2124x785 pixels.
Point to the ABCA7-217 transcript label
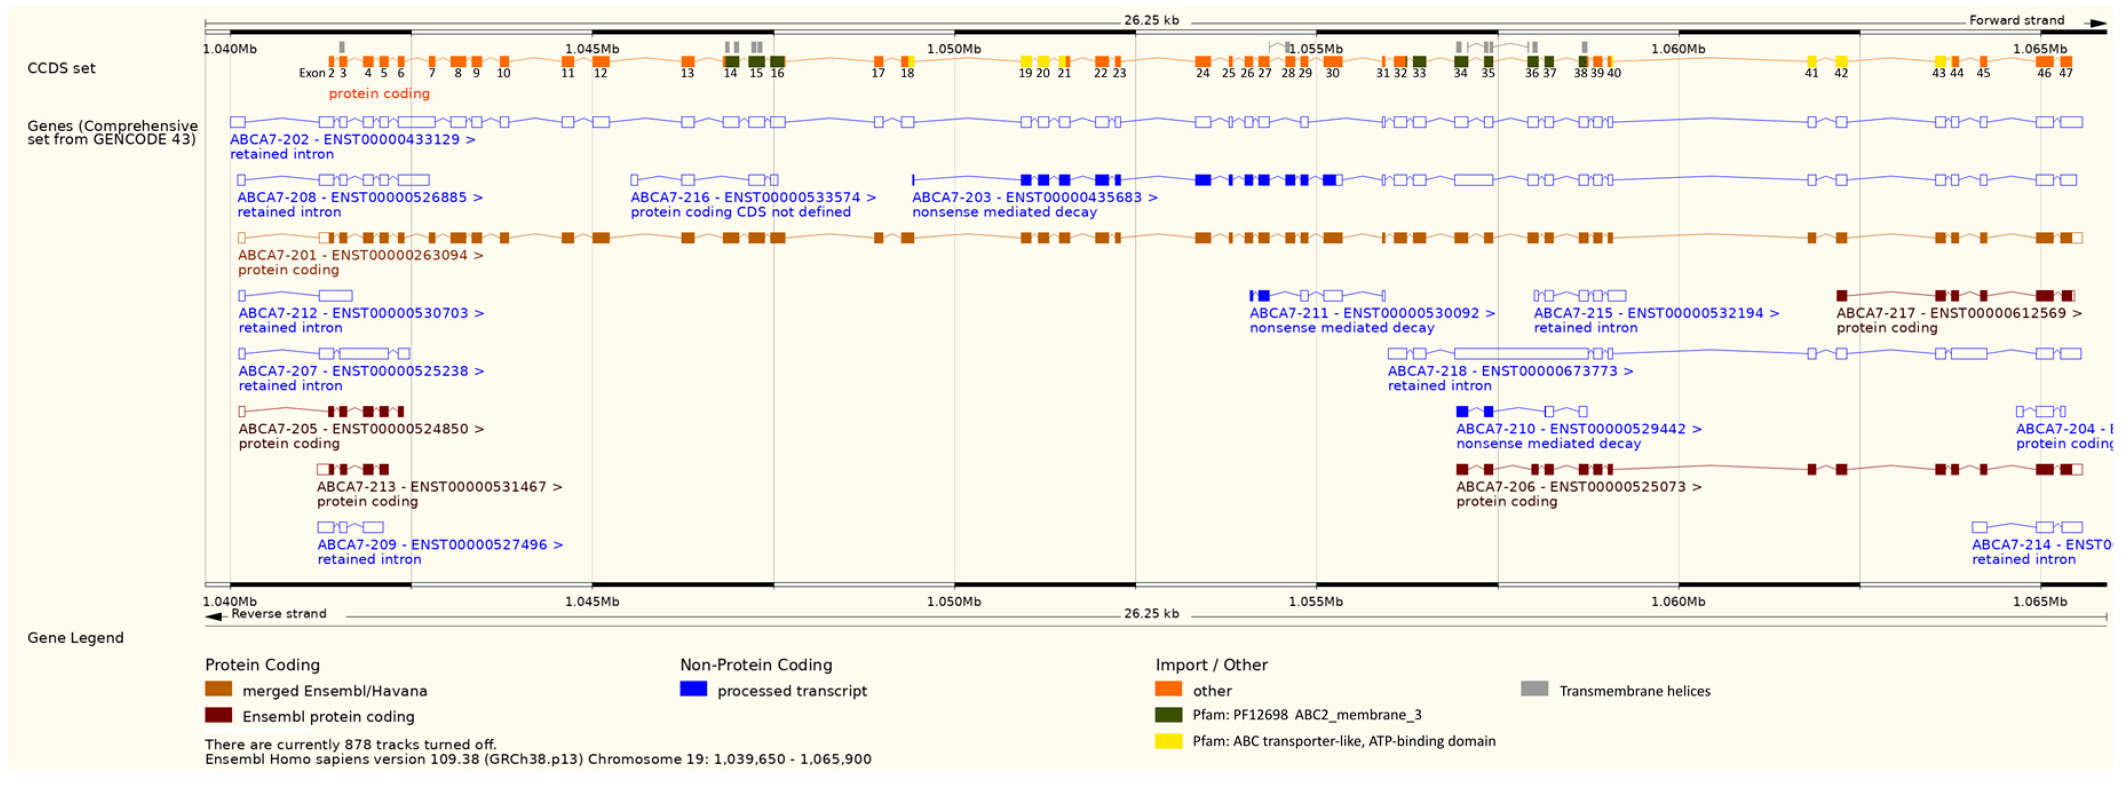[1958, 314]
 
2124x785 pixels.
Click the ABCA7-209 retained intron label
[439, 545]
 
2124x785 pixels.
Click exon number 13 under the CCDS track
[687, 73]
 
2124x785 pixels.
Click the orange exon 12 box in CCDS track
[601, 62]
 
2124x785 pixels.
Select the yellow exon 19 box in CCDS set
[1026, 62]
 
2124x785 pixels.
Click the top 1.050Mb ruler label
[953, 49]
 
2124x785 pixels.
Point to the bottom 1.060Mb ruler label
[1677, 602]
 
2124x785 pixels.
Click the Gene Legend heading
[75, 638]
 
